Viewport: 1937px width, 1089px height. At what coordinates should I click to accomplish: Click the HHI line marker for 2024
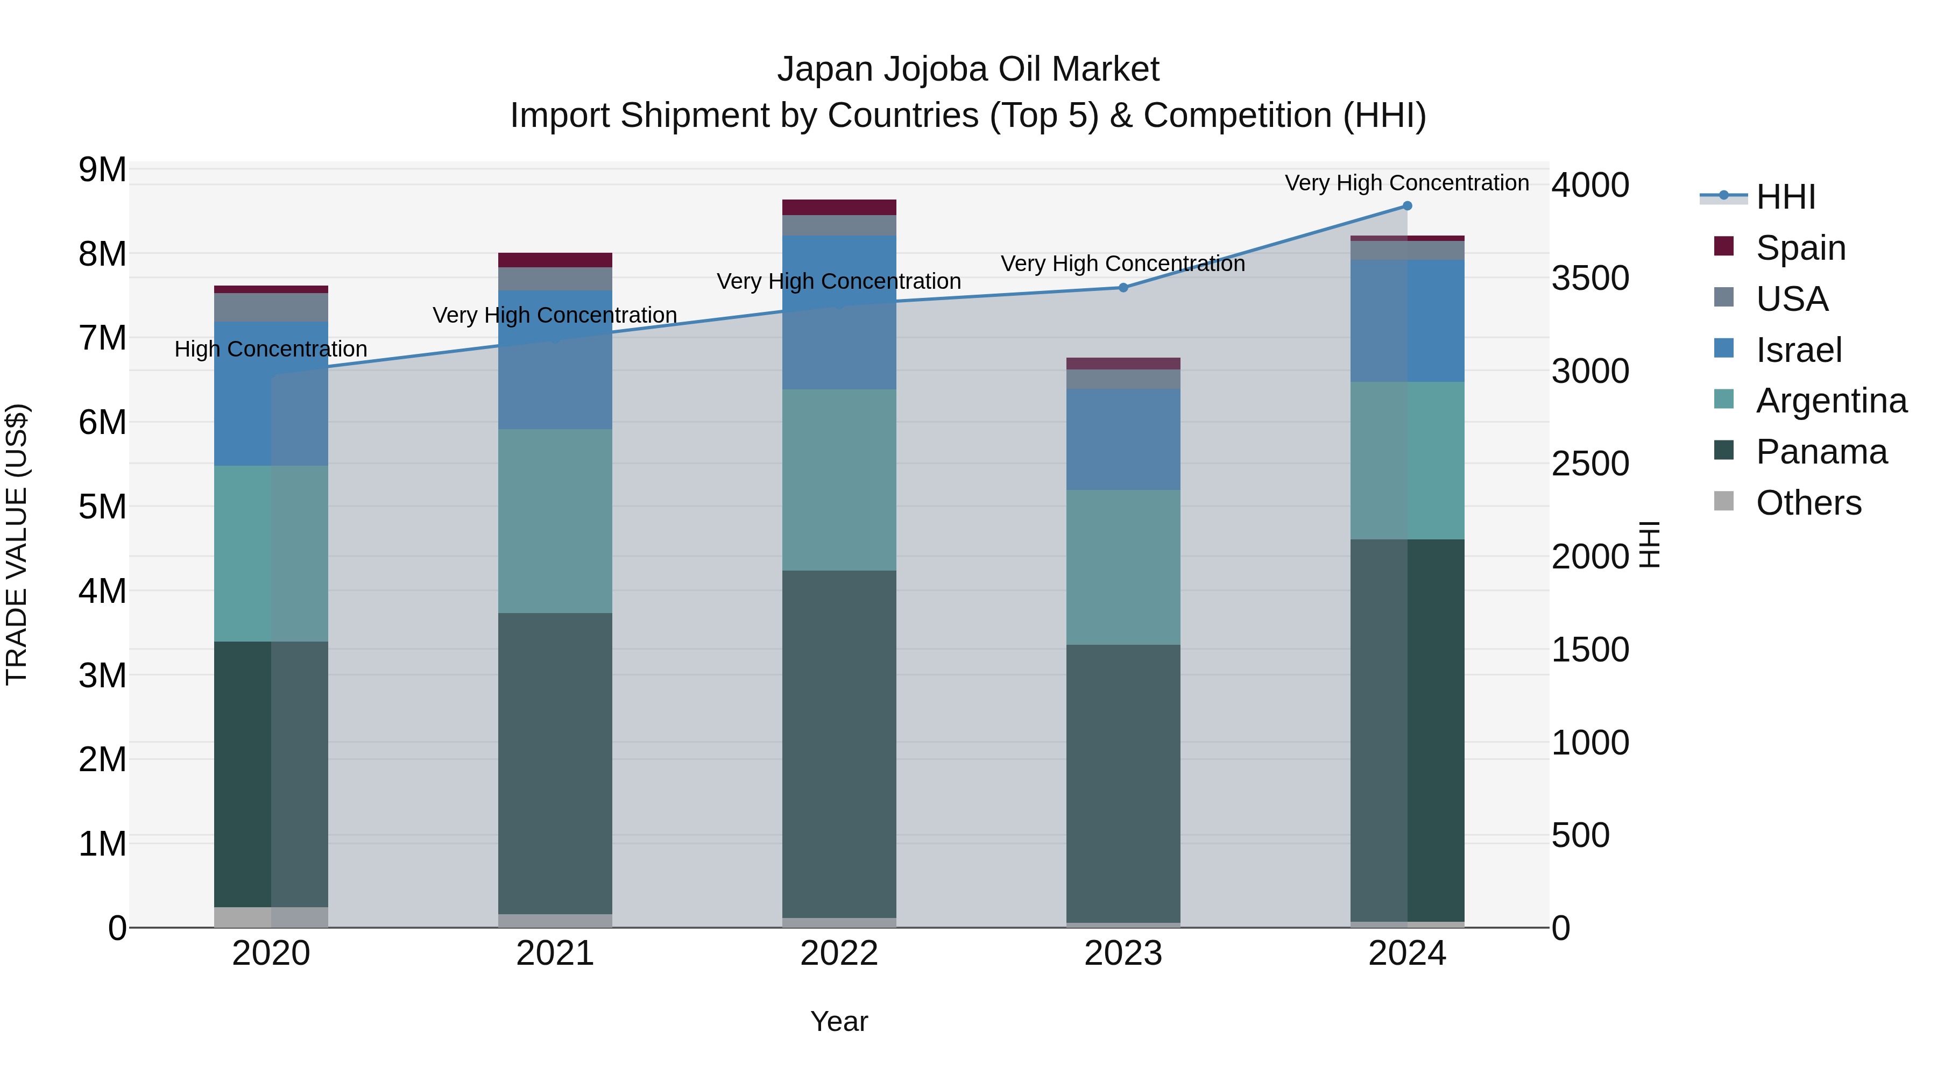tap(1407, 206)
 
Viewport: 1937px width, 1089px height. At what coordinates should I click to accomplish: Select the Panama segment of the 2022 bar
tap(839, 744)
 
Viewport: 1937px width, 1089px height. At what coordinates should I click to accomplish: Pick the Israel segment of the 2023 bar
tap(1123, 440)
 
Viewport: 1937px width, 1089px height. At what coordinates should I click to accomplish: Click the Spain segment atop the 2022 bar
tap(839, 208)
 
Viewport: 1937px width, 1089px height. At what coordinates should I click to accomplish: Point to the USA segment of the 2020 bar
tap(271, 308)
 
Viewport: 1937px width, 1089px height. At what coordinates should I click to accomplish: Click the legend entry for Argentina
tap(1831, 401)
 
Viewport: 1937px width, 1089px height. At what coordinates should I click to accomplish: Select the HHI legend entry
tap(1785, 197)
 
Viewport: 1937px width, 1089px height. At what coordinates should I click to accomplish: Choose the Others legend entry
tap(1808, 503)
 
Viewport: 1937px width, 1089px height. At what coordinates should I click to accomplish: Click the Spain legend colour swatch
tap(1723, 246)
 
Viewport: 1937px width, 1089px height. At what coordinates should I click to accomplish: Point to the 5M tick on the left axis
tap(102, 507)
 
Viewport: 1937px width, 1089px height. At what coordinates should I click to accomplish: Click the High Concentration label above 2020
tap(271, 350)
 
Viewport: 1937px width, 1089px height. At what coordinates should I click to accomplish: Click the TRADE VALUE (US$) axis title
tap(17, 544)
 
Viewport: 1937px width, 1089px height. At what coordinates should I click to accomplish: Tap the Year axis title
tap(839, 1021)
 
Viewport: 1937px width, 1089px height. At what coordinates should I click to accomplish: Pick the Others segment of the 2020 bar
tap(271, 917)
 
